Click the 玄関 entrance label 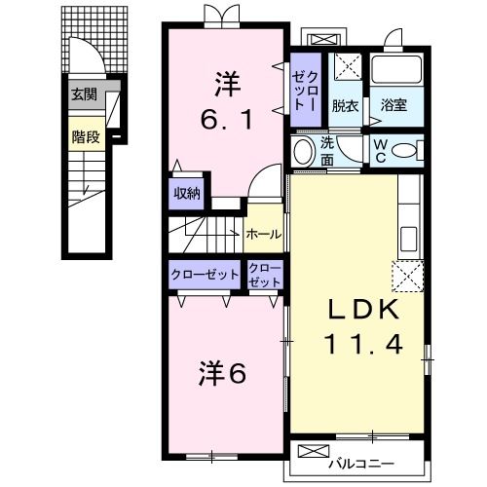point(84,94)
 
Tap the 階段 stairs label point(86,136)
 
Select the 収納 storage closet point(187,194)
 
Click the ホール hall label point(263,234)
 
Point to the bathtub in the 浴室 point(396,70)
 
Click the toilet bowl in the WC point(404,151)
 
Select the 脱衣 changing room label point(345,106)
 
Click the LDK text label point(363,310)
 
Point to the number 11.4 point(363,344)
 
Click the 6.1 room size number point(226,119)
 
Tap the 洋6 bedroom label point(222,374)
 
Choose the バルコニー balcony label point(361,464)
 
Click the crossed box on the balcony point(314,451)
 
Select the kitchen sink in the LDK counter point(409,239)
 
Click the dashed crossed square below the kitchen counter point(408,276)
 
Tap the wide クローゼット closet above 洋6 point(205,275)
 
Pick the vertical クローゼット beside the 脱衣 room point(306,90)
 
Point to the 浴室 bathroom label point(393,105)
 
